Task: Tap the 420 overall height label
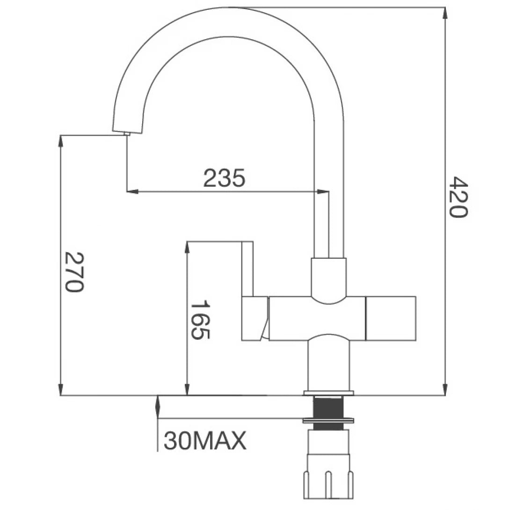pyautogui.click(x=457, y=197)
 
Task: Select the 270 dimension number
pyautogui.click(x=74, y=271)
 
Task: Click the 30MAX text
pyautogui.click(x=205, y=441)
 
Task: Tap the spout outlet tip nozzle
pyautogui.click(x=127, y=134)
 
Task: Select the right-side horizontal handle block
pyautogui.click(x=390, y=318)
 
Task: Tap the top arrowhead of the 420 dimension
pyautogui.click(x=444, y=13)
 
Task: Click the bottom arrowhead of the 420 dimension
pyautogui.click(x=444, y=389)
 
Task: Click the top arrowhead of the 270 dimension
pyautogui.click(x=61, y=141)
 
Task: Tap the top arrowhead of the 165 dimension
pyautogui.click(x=187, y=248)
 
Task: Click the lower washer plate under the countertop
pyautogui.click(x=328, y=421)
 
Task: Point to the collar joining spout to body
pyautogui.click(x=328, y=276)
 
